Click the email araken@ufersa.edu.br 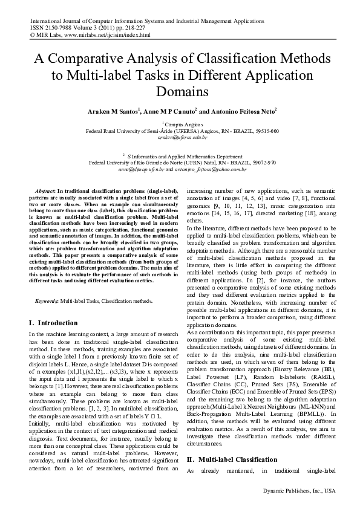[182, 137]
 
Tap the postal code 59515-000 [266, 131]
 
